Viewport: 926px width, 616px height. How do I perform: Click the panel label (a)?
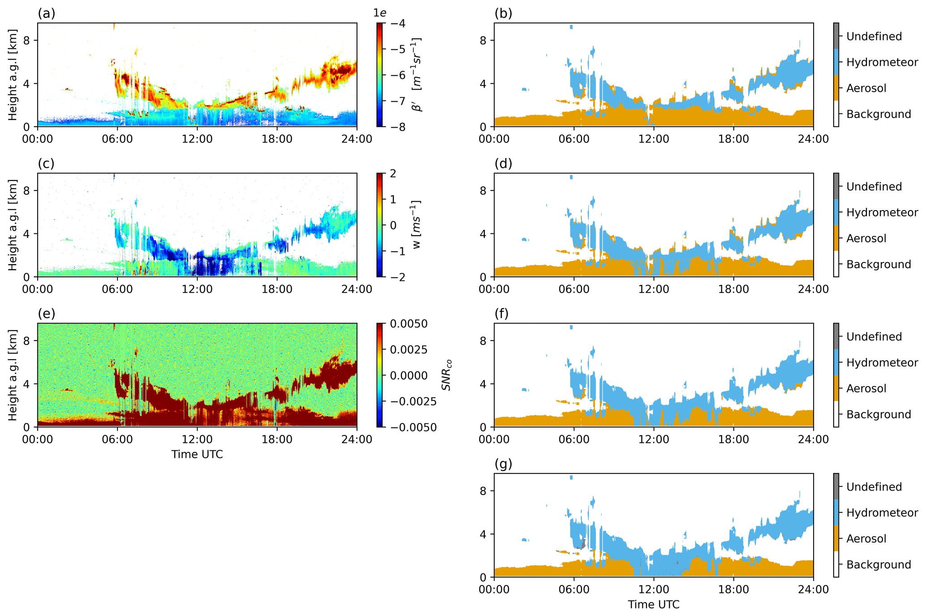tap(46, 14)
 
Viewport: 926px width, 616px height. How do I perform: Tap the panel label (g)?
tap(503, 464)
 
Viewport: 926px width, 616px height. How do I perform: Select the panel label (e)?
tap(46, 314)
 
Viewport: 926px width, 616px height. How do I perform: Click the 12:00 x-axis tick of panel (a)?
tap(197, 139)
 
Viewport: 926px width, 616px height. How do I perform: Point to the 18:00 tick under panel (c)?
tap(277, 289)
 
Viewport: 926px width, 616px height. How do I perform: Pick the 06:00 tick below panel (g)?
tap(574, 589)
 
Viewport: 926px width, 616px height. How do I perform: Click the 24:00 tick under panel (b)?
tap(813, 139)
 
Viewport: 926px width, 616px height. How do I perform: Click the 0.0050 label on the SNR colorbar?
tap(409, 324)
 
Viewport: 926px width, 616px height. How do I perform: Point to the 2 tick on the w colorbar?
tap(393, 174)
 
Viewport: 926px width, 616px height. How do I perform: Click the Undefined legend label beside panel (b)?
tap(874, 37)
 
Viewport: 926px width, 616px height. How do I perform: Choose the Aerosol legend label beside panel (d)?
tap(866, 238)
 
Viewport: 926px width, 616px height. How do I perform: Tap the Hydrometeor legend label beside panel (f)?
tap(882, 362)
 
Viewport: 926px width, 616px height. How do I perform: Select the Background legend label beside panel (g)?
tap(878, 564)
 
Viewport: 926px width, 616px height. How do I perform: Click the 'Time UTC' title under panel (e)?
tap(197, 454)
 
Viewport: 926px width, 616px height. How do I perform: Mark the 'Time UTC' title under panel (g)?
tap(654, 604)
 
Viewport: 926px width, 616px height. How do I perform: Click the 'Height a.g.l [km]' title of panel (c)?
tap(13, 225)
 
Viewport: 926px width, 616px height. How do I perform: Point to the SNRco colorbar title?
tap(446, 375)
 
